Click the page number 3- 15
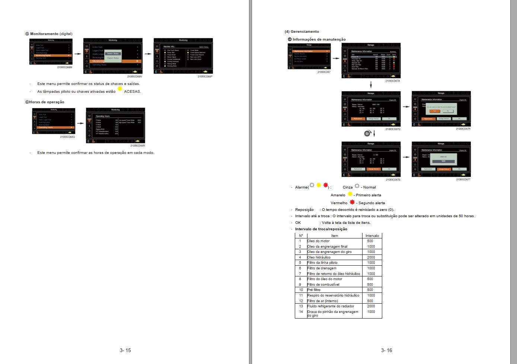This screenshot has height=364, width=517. (125, 350)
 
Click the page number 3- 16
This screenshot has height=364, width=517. (386, 350)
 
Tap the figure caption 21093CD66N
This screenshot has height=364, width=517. (134, 76)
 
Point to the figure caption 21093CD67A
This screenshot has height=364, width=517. (393, 81)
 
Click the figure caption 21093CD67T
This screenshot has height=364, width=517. (463, 180)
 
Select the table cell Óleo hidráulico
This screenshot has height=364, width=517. (319, 257)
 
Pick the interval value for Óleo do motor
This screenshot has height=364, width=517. (370, 241)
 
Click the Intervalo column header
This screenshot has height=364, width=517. (372, 235)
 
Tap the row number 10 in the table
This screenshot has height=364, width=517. (301, 290)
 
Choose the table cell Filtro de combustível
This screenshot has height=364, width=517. (323, 285)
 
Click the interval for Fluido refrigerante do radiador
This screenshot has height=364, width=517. (371, 306)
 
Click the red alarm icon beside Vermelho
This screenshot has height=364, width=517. (352, 202)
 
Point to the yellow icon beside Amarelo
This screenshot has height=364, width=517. (350, 194)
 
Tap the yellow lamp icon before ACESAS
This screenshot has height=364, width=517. (120, 90)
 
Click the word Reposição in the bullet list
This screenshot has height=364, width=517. (304, 210)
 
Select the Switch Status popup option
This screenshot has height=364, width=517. (113, 54)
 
